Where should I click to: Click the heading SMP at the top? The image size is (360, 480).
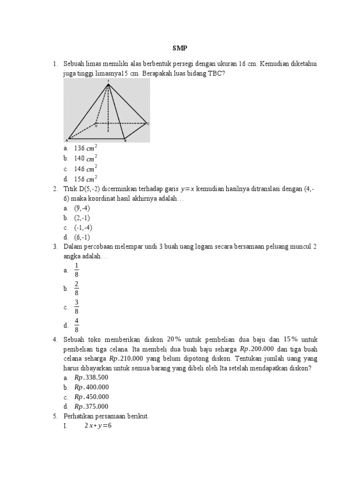click(180, 48)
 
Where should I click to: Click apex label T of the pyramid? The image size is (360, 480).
click(108, 81)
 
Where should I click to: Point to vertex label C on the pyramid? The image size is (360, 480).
click(148, 124)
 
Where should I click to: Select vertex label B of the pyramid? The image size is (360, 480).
click(125, 141)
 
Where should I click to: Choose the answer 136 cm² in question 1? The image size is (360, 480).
click(85, 148)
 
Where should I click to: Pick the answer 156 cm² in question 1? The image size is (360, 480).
click(85, 179)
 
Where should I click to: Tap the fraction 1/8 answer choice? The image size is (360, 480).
click(76, 270)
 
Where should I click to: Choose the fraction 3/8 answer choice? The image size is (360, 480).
click(76, 307)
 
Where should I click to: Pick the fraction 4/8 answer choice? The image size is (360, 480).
click(76, 325)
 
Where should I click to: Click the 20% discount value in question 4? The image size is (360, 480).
click(173, 339)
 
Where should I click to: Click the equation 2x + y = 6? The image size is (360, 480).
click(98, 426)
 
